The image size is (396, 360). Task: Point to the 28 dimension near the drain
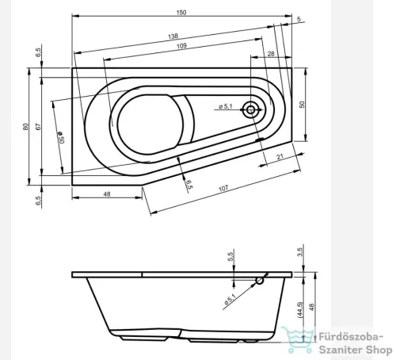point(271,53)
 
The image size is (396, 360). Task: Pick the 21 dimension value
point(280,157)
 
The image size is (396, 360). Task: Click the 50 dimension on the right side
point(302,105)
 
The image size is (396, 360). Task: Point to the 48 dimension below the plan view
point(106,195)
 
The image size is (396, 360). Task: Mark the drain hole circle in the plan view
point(252,110)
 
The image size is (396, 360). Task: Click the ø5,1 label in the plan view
point(223,107)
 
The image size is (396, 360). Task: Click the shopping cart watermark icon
point(294,339)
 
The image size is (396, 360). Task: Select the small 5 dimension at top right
point(299,18)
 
